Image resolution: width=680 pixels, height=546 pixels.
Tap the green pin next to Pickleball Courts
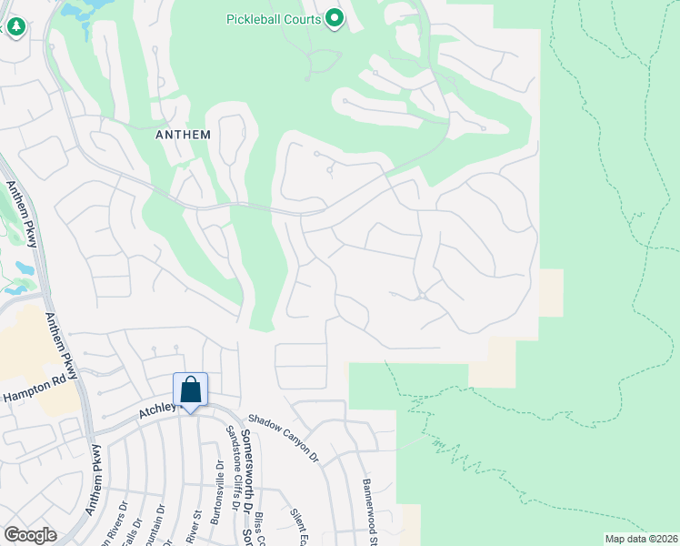click(x=335, y=18)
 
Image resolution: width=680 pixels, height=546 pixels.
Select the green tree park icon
click(x=15, y=27)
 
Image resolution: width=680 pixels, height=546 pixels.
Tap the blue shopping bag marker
click(x=191, y=392)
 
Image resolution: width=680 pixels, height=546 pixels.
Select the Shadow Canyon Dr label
click(x=285, y=435)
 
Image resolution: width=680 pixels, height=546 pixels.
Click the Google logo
click(x=30, y=535)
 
